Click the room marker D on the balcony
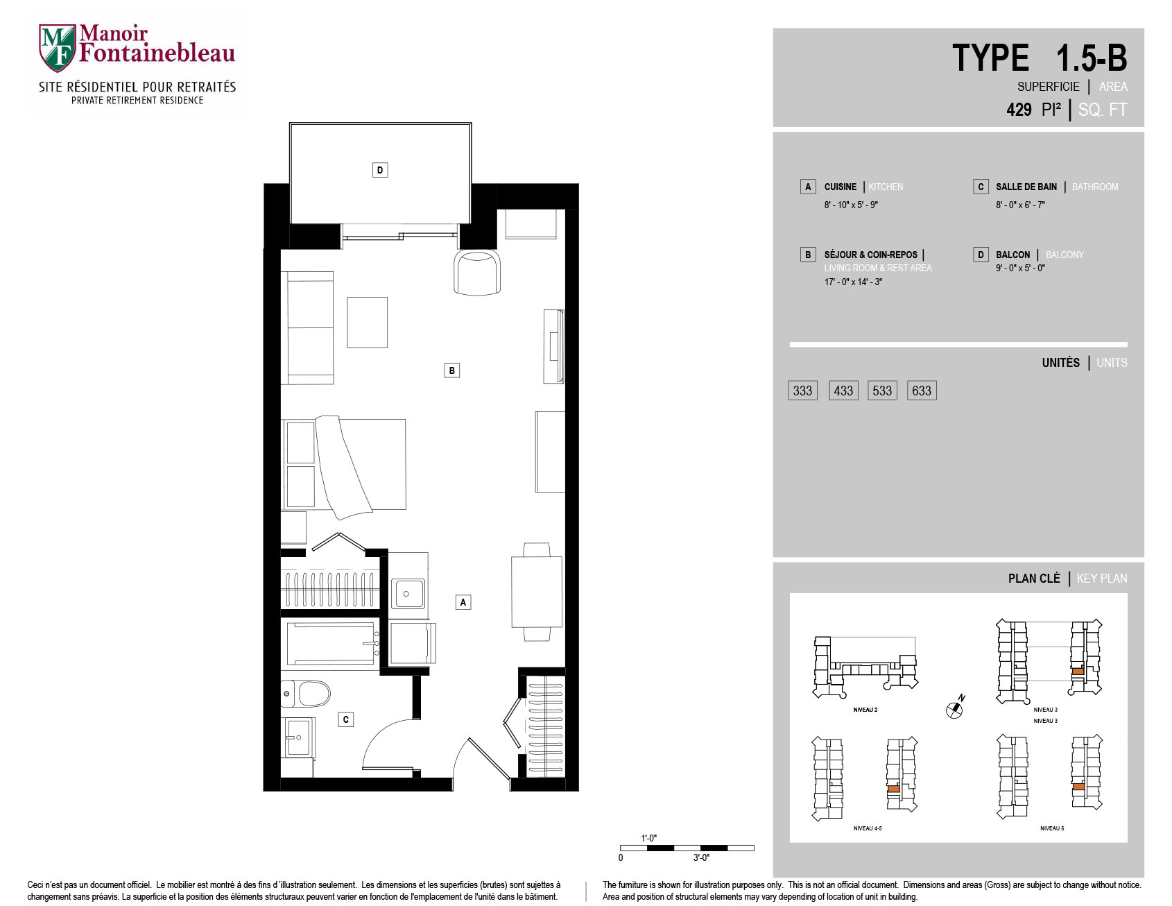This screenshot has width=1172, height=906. point(379,170)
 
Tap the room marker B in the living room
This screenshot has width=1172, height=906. point(451,370)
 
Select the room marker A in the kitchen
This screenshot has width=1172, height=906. point(463,602)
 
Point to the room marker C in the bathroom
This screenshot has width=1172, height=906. point(346,719)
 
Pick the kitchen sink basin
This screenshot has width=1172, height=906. point(408,594)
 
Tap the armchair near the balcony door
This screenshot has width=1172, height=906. point(476,273)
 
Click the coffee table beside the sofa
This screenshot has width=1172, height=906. point(367,323)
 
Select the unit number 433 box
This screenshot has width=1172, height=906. point(843,391)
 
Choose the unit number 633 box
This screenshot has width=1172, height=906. point(922,391)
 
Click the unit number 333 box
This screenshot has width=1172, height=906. point(803,391)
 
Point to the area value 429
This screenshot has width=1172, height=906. point(1019,110)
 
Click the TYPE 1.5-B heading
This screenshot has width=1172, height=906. point(1040,58)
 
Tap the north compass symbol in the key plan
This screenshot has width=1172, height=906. point(956,708)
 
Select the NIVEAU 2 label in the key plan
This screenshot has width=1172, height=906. point(865,710)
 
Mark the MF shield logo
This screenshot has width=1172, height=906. point(57,48)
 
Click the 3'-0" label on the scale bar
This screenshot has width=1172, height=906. point(701,858)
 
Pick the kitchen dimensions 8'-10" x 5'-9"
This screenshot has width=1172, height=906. point(851,205)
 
